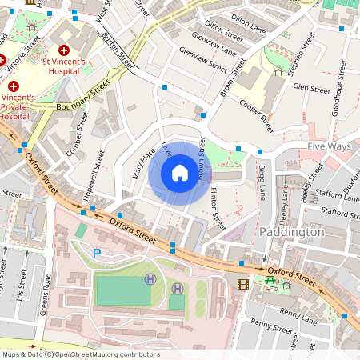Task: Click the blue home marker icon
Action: tap(180, 173)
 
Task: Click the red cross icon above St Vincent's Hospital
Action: tap(64, 50)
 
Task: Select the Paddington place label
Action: tap(292, 231)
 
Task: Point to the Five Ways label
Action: tap(330, 146)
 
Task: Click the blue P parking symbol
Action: tap(98, 253)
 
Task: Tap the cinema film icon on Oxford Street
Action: tap(242, 283)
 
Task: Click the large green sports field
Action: tap(122, 290)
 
